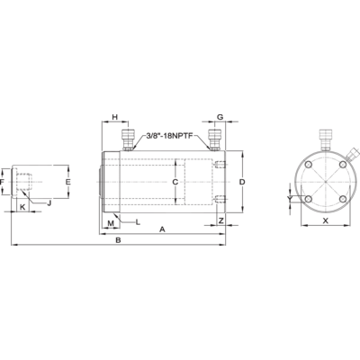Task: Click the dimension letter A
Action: pos(162,229)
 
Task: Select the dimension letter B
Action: pos(119,240)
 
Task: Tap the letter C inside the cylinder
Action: pos(175,182)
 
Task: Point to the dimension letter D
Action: pos(242,182)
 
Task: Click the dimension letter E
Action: pos(68,182)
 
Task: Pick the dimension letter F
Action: pos(2,182)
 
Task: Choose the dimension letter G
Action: pos(220,117)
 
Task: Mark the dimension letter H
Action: pos(115,117)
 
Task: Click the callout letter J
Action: pos(49,203)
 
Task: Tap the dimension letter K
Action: pos(22,206)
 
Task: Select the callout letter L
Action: pos(138,222)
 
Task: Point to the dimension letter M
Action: pos(111,223)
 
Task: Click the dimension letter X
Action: pos(326,220)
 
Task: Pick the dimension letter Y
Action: pos(290,199)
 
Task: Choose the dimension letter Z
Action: pos(221,220)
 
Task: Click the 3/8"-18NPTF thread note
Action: pos(172,136)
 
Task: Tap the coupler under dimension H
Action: pos(128,140)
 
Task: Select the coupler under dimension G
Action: pos(214,140)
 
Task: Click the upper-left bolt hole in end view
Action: pos(309,165)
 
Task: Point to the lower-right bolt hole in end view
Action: pos(343,199)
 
